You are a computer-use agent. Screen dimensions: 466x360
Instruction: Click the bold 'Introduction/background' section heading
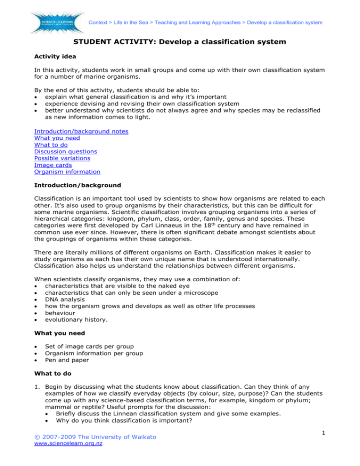pos(77,186)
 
